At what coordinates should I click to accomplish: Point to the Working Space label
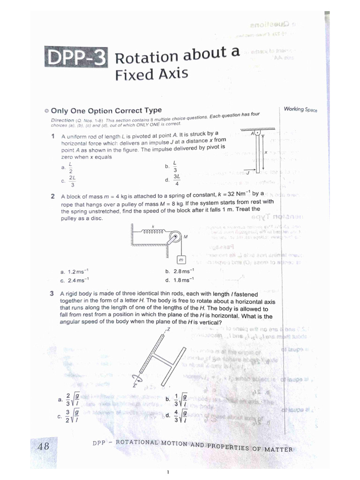300,109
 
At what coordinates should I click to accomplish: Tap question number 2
53,196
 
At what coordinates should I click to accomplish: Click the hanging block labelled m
180,260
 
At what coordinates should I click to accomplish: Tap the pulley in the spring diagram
174,237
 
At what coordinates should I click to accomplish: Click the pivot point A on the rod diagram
257,133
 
